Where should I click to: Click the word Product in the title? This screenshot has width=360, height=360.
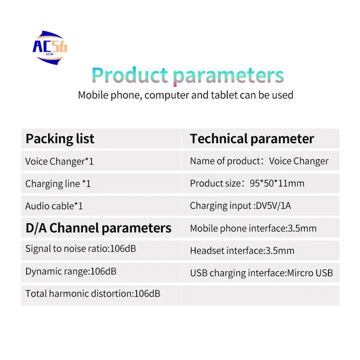pyautogui.click(x=130, y=75)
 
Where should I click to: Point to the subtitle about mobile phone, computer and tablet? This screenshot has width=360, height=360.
pyautogui.click(x=185, y=95)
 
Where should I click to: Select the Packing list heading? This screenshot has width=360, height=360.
pyautogui.click(x=60, y=139)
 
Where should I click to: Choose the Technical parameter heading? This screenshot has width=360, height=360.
pyautogui.click(x=252, y=139)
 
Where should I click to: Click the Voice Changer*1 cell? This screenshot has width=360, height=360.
pyautogui.click(x=59, y=161)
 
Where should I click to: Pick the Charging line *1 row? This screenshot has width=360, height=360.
pyautogui.click(x=58, y=184)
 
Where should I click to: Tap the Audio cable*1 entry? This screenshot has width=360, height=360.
pyautogui.click(x=54, y=206)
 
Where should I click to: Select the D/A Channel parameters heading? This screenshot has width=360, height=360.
pyautogui.click(x=98, y=228)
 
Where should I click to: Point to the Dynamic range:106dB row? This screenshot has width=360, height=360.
pyautogui.click(x=67, y=271)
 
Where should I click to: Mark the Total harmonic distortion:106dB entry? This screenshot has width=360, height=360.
pyautogui.click(x=93, y=294)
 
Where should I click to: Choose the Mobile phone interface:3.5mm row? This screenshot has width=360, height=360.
pyautogui.click(x=253, y=228)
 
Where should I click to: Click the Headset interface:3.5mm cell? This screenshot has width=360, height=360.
pyautogui.click(x=242, y=251)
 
